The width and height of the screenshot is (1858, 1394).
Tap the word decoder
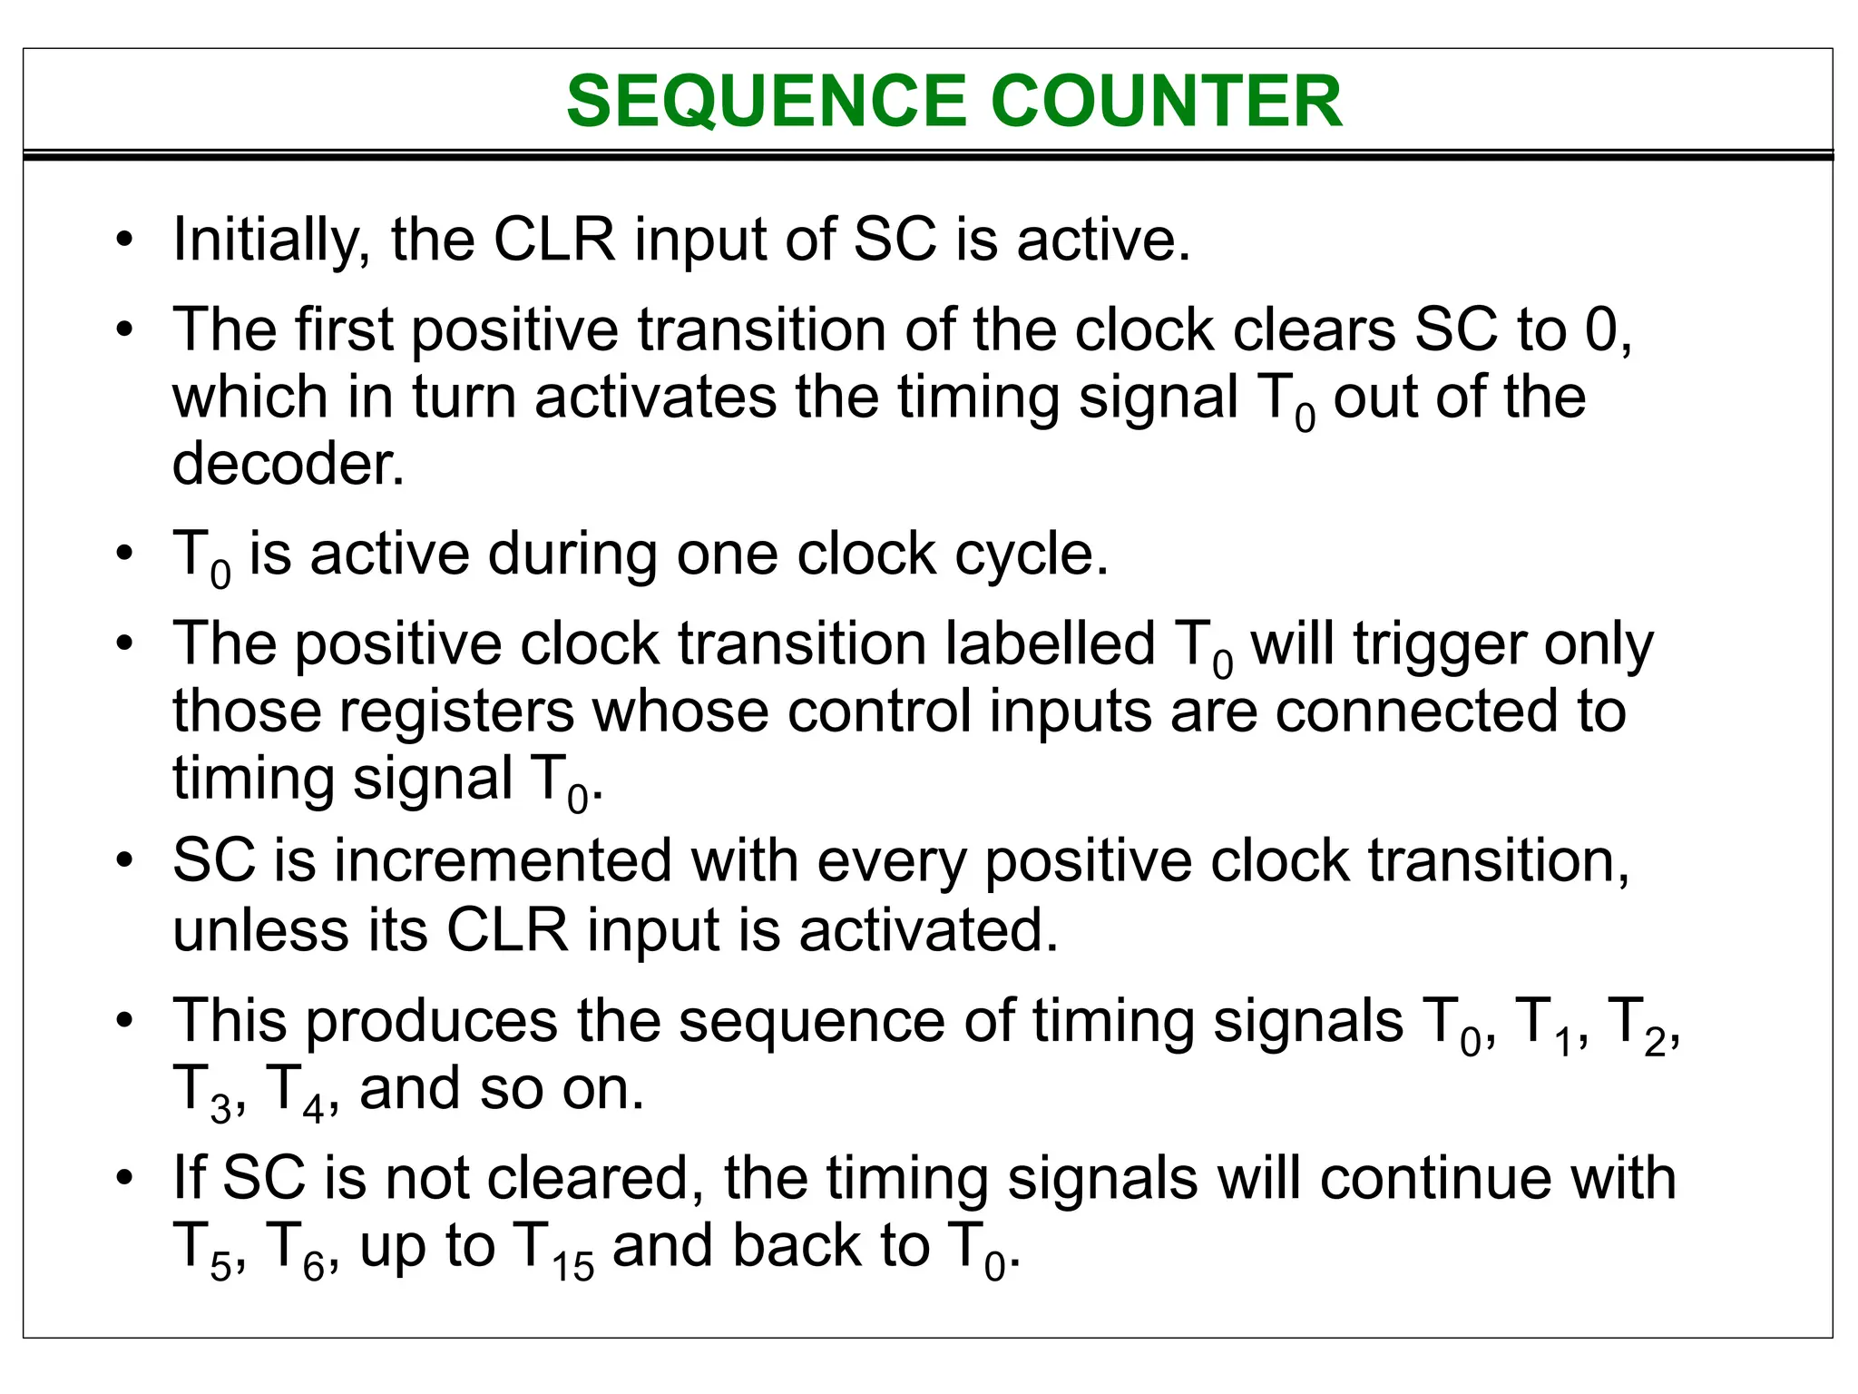click(288, 464)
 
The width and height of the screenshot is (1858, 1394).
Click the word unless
click(260, 930)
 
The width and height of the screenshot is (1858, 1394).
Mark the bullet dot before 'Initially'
click(125, 241)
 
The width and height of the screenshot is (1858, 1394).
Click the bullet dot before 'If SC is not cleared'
click(125, 1179)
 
